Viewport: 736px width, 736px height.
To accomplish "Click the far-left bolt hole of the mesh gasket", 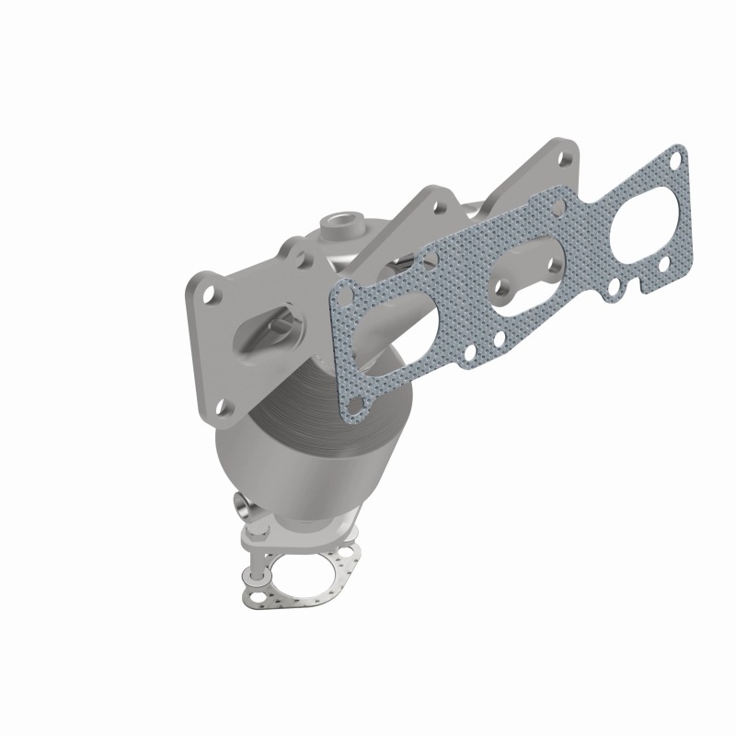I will point(341,296).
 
